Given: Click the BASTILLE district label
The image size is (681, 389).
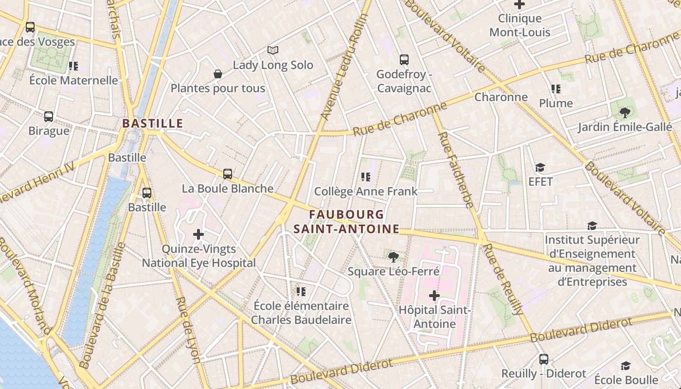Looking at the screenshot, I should coord(152,124).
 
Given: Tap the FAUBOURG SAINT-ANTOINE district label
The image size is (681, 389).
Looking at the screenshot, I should coord(346,222).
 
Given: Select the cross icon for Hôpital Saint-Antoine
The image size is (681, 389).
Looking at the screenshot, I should coord(434,296).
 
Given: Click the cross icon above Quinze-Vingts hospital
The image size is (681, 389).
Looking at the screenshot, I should coord(198,234).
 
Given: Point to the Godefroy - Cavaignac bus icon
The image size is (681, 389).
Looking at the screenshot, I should coord(404,60).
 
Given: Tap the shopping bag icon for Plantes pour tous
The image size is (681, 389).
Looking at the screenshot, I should coord(218,74).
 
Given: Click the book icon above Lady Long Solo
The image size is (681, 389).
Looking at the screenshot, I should coord(273,50).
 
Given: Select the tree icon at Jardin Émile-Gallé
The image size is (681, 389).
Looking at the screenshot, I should coord(625,113).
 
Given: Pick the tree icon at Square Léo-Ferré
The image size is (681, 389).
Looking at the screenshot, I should coord(394,257).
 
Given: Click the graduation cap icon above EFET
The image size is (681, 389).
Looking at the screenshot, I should coord(540,168).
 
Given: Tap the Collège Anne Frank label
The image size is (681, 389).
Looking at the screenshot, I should coord(366,191).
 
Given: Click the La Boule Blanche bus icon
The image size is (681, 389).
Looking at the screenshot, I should coord(228,174).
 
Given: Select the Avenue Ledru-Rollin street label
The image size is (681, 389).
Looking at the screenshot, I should coord(344,67).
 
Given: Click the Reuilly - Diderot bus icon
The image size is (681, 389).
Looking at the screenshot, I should coord(544,359).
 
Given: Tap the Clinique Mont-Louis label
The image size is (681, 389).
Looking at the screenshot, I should coord(520,25).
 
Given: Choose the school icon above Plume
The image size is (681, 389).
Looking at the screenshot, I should coord(556,88).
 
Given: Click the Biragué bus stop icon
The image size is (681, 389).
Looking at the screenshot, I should coord(49,117).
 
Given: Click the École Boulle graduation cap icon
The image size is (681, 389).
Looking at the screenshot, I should coord(626,366).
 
